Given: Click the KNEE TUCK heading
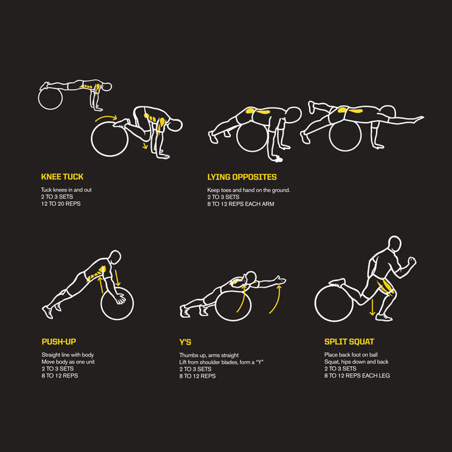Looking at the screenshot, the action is [62, 177].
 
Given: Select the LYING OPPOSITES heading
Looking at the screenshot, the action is [242, 177].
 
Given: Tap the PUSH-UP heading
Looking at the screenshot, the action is [59, 342].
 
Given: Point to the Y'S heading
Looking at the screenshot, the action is [185, 342].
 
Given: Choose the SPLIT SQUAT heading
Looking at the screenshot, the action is [349, 342].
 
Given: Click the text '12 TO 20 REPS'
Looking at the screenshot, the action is [61, 204].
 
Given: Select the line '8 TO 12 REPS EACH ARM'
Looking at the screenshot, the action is [241, 204].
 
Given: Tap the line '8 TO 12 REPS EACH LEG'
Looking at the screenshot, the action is [357, 375].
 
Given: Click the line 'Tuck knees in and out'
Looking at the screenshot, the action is [66, 190].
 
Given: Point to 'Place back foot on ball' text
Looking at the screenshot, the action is [351, 355].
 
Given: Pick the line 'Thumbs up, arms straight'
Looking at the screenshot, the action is [209, 356].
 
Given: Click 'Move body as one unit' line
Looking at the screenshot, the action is [68, 362].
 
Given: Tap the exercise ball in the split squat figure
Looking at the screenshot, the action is [334, 304].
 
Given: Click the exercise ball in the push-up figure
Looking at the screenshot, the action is [117, 304].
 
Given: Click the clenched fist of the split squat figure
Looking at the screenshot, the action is [411, 261].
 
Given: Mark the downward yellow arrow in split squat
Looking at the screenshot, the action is [372, 307].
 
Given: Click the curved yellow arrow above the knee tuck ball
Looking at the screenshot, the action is [106, 117].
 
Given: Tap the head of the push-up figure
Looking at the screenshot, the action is [115, 257].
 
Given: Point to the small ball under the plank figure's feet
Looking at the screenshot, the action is [50, 98].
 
